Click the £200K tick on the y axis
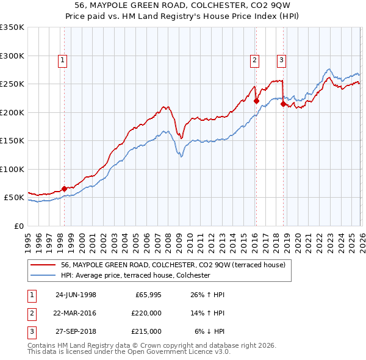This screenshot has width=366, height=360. (x=12, y=112)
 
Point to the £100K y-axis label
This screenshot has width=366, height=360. (x=12, y=169)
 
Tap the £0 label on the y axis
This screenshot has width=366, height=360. (x=18, y=226)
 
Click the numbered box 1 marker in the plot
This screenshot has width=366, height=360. (x=64, y=60)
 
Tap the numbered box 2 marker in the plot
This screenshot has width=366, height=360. (x=254, y=60)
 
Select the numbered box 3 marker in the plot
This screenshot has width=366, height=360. (x=281, y=60)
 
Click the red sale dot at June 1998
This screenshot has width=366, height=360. (x=65, y=189)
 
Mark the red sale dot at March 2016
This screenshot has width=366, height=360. (x=256, y=101)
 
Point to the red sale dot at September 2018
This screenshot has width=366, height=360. (x=283, y=104)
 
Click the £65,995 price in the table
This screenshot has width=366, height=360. (x=146, y=295)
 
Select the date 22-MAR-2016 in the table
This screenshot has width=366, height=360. (x=76, y=313)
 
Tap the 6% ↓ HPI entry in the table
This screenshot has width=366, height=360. (x=210, y=331)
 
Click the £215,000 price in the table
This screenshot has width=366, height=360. (x=146, y=331)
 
